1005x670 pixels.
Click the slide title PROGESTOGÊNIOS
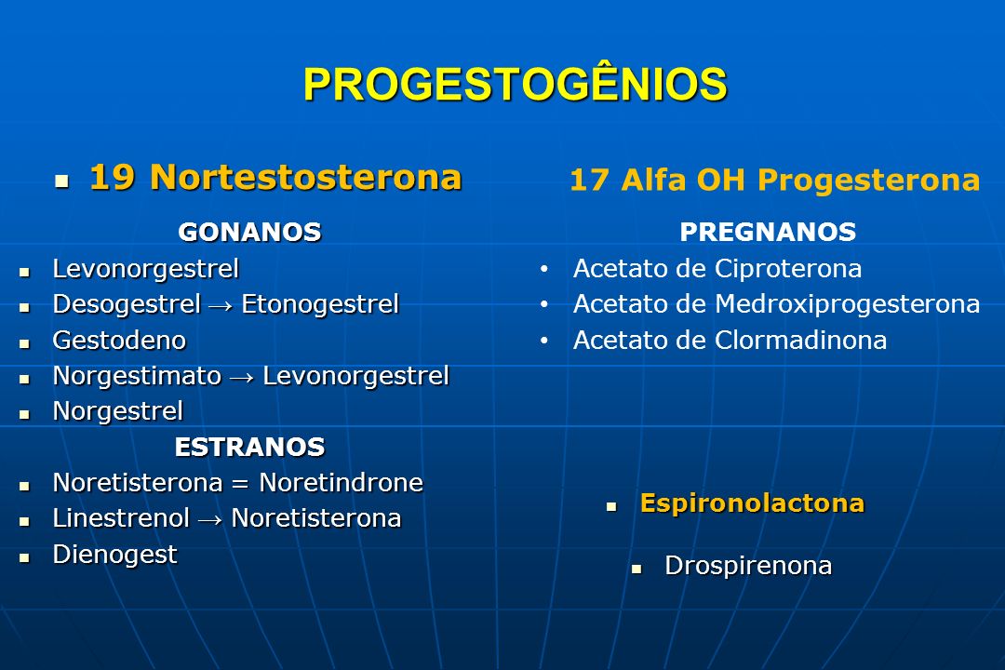point(516,84)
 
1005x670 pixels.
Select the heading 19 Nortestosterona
point(275,177)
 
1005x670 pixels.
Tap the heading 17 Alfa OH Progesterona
point(775,180)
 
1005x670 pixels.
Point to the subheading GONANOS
point(250,232)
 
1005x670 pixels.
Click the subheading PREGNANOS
point(768,232)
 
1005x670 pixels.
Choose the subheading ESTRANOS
point(250,447)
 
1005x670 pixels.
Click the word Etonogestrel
point(320,305)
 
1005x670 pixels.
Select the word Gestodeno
point(120,340)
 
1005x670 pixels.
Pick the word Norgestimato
point(137,377)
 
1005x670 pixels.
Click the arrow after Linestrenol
point(210,520)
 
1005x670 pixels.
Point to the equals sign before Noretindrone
point(240,484)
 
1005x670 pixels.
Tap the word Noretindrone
point(341,483)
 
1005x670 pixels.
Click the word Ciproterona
point(788,269)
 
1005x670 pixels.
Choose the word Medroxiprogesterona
point(848,305)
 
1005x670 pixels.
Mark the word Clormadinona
point(800,340)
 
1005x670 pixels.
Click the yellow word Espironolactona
point(753,504)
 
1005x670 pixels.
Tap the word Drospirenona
point(748,567)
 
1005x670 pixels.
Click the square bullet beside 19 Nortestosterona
point(61,181)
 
